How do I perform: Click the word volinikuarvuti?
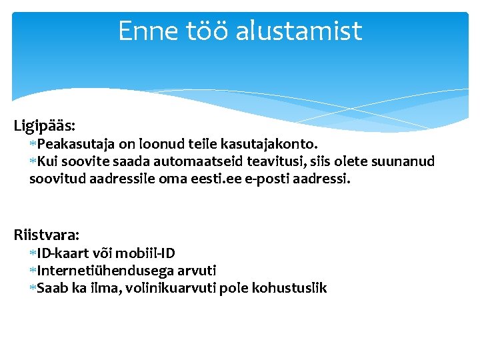175,288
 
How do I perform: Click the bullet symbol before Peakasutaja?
33,144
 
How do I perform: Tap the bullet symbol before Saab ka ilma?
33,288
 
